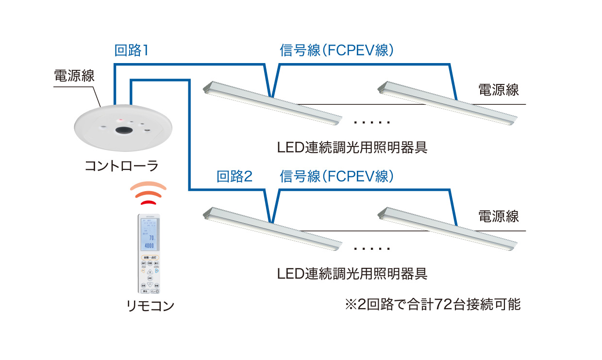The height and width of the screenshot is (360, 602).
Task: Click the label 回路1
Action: [x=131, y=50]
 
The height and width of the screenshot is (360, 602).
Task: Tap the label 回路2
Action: [x=234, y=176]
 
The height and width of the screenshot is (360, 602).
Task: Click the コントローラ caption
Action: [x=121, y=166]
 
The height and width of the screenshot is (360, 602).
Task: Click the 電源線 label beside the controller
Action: [x=74, y=76]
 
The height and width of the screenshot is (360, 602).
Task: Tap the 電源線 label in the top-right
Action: [x=499, y=90]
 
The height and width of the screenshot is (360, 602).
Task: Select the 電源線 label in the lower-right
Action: [x=499, y=216]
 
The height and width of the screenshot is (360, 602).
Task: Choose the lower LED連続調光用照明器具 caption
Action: [x=352, y=274]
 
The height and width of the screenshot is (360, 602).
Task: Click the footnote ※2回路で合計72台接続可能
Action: [x=432, y=305]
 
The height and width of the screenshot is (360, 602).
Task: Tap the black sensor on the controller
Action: [x=124, y=130]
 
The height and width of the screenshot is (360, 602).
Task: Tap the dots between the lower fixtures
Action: [x=372, y=248]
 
